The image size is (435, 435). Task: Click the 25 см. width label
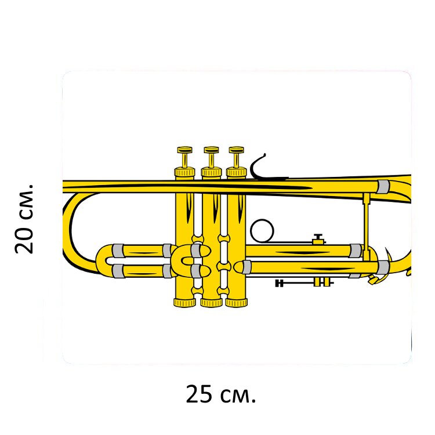(220, 394)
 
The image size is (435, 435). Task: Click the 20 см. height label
(24, 218)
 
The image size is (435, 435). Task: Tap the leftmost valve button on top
(185, 150)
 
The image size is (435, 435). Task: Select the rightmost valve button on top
(237, 150)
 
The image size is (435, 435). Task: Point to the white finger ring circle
(262, 231)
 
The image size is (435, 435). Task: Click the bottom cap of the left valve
(184, 303)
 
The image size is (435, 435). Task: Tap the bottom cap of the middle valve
(211, 303)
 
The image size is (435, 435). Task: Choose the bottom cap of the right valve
(237, 303)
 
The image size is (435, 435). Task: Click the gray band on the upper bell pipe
(383, 187)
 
